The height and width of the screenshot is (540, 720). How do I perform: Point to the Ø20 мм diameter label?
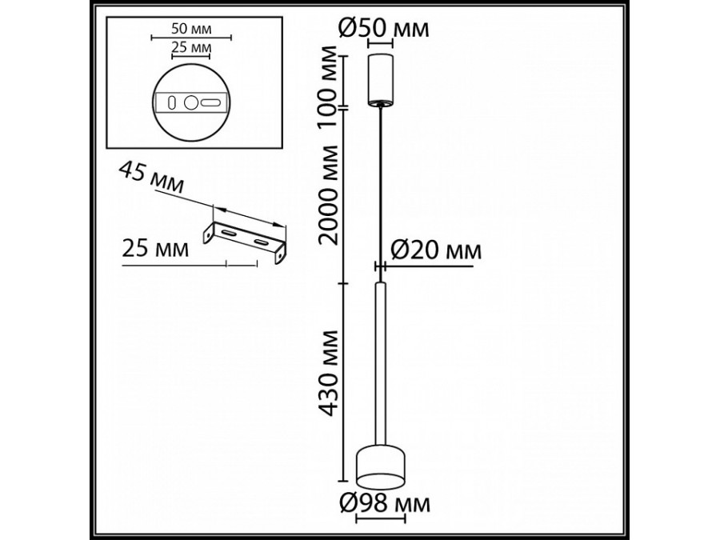(x=435, y=250)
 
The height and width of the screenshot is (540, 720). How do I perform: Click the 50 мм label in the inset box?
(x=190, y=29)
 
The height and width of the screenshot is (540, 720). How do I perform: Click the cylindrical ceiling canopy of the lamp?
(x=380, y=80)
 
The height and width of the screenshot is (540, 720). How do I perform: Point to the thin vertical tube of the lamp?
(x=381, y=360)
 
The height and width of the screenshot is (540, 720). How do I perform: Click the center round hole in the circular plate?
(x=191, y=102)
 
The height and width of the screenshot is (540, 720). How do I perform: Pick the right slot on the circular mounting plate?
(x=211, y=102)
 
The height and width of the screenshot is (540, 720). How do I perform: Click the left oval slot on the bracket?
(x=229, y=232)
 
